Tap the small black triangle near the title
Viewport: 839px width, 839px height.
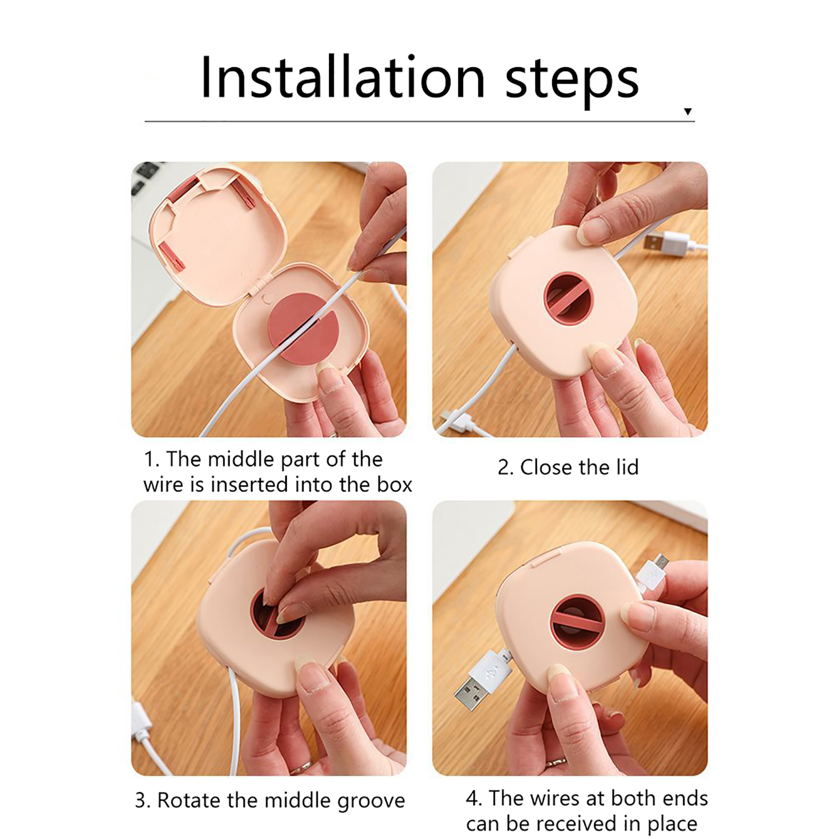(x=687, y=111)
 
